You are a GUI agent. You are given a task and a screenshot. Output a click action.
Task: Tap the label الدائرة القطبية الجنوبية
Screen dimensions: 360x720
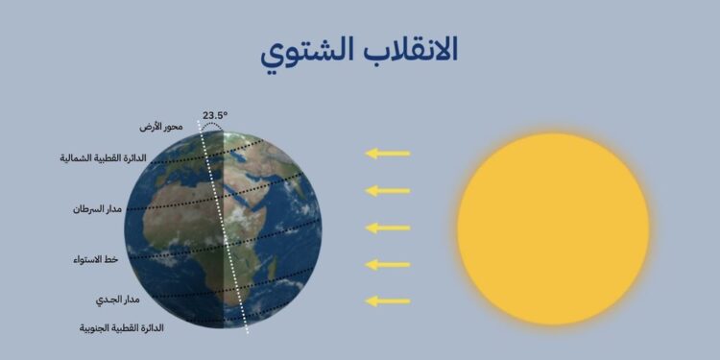point(121,328)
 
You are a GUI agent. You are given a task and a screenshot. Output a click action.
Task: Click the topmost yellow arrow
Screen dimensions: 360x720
point(388,154)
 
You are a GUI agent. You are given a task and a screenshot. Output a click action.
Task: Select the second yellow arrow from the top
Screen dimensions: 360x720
point(388,190)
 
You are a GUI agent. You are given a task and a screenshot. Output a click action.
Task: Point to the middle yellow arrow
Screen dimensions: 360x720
point(388,228)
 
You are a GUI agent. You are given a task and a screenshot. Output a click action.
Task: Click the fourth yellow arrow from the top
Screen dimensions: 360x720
point(388,264)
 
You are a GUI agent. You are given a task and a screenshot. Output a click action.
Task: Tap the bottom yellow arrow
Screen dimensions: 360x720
point(388,300)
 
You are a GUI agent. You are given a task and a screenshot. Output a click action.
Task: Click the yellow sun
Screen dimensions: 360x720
point(554,228)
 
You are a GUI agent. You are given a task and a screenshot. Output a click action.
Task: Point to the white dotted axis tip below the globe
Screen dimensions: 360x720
point(247,329)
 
